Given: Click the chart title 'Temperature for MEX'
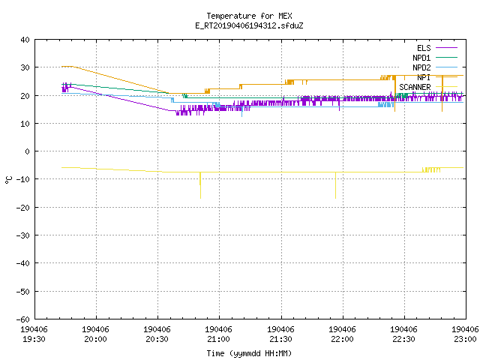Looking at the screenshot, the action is [x=249, y=16].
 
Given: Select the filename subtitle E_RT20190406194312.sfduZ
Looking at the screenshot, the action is [x=249, y=25].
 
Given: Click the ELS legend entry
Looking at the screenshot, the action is [x=424, y=48].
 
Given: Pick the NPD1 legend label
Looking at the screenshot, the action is [x=421, y=58].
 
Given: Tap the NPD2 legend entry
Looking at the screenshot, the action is [x=421, y=67].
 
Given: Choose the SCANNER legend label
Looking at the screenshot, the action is [x=415, y=87].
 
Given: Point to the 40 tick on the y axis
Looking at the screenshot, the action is [x=25, y=40].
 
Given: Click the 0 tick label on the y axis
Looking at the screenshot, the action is [x=28, y=151].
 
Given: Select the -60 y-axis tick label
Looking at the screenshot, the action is [x=23, y=319].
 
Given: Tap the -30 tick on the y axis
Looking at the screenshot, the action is [x=23, y=235].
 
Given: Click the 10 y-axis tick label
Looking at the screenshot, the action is [x=25, y=124].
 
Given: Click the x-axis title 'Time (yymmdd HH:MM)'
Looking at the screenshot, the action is [x=249, y=353].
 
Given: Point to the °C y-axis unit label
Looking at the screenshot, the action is [x=8, y=180].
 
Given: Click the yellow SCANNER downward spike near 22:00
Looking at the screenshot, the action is [x=335, y=185].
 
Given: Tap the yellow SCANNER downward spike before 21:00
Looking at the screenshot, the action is [x=200, y=185].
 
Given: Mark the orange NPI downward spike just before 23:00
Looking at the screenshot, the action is [x=442, y=93].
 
